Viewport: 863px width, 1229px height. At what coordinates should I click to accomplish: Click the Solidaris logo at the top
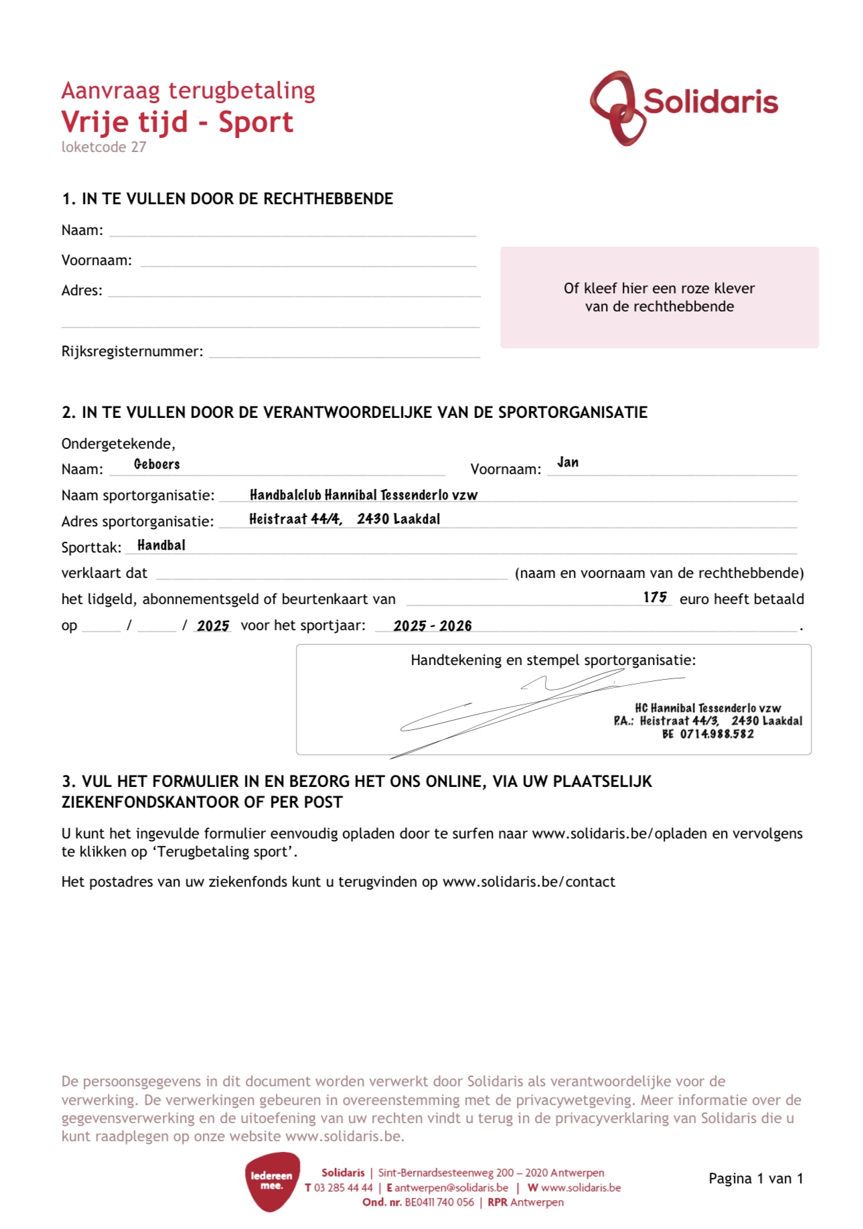pos(683,107)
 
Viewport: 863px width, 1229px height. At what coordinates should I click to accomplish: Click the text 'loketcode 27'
pos(104,147)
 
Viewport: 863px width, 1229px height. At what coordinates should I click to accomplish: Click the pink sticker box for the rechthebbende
pos(659,297)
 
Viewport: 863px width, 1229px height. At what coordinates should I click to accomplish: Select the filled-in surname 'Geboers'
pos(157,464)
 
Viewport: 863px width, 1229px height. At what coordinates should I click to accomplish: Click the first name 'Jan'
pos(568,462)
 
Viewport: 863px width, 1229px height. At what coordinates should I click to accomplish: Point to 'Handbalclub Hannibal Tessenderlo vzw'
pos(364,495)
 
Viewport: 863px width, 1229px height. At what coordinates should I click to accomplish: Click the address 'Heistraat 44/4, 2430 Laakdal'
pos(344,519)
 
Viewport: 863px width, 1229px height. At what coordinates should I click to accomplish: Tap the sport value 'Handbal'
pos(161,545)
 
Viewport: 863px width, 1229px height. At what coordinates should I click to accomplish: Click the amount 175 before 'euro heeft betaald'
pos(655,597)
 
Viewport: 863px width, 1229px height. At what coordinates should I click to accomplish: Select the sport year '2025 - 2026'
pos(433,626)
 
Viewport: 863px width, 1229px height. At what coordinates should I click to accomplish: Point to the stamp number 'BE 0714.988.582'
pos(708,734)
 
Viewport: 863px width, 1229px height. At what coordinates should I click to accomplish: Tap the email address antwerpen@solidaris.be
pos(451,1187)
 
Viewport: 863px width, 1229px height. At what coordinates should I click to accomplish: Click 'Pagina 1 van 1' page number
pos(755,1179)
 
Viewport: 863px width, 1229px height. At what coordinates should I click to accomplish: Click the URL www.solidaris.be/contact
pos(528,881)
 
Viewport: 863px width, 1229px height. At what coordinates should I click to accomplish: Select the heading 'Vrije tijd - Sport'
pos(177,122)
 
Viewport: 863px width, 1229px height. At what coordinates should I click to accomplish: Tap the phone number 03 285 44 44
pos(343,1187)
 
